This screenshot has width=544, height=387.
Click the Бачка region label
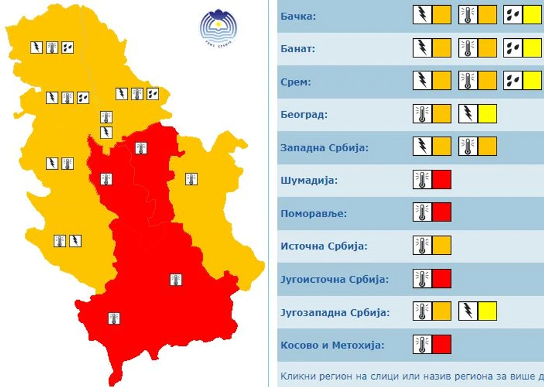coord(298,16)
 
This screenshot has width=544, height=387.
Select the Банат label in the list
coord(298,49)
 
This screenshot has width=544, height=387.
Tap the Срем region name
coord(295,82)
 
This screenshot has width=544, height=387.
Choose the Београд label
coord(304,114)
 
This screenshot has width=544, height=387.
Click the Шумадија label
coord(309,180)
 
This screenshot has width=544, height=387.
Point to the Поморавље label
coord(313,213)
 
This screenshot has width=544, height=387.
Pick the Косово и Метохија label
coord(332,345)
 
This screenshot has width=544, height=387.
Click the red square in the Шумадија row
coord(442,180)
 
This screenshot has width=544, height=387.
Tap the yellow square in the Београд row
coord(487,114)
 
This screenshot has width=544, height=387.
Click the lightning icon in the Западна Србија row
coord(423,147)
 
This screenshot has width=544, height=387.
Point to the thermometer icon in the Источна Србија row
coord(422,246)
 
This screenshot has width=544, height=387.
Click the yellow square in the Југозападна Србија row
coord(487,312)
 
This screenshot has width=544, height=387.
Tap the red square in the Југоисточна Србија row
coord(442,279)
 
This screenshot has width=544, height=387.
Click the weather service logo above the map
coord(219,27)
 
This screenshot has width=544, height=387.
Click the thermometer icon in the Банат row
coord(468,48)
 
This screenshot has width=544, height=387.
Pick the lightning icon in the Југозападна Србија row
coord(468,312)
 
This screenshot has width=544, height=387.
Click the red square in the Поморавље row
coord(442,213)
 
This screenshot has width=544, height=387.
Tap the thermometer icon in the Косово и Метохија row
coord(422,345)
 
